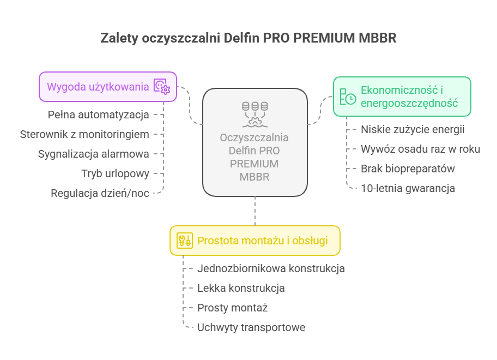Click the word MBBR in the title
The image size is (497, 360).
[x=377, y=38]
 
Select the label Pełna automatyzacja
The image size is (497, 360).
[x=98, y=115]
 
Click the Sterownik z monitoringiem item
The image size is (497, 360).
[x=84, y=135]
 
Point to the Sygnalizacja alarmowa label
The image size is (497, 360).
[x=94, y=154]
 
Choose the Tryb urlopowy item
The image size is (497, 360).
[x=115, y=174]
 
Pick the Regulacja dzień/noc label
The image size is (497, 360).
[x=100, y=193]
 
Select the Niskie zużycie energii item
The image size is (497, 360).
[x=413, y=129]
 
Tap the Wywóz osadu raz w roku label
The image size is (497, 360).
[x=420, y=149]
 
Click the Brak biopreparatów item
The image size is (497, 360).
[x=408, y=169]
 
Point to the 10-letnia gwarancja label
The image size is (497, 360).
[x=408, y=188]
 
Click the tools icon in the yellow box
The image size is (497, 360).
[x=185, y=241]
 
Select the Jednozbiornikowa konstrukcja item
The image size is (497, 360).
[x=271, y=269]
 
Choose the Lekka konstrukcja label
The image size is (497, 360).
[x=241, y=289]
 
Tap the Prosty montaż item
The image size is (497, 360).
[x=232, y=308]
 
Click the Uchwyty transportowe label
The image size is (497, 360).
[x=251, y=327]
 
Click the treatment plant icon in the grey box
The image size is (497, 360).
[x=255, y=115]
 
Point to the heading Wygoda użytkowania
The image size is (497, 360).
[x=98, y=87]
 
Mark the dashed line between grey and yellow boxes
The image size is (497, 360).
[x=255, y=211]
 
